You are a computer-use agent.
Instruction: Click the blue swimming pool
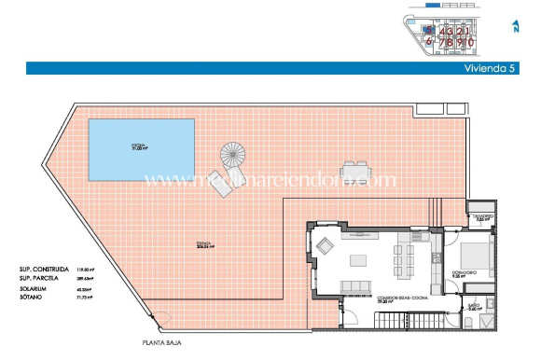tap(142, 148)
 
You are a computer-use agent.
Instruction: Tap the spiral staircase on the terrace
tap(232, 153)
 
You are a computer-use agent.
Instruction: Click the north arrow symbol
tap(516, 27)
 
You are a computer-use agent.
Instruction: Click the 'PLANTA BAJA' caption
tap(162, 342)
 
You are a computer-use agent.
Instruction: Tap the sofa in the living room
tap(359, 284)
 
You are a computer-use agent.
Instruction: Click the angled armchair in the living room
tap(326, 247)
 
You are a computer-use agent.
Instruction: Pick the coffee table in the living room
tap(358, 259)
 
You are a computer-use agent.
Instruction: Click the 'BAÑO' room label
tap(474, 304)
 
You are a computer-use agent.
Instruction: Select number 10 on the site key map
tap(472, 42)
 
